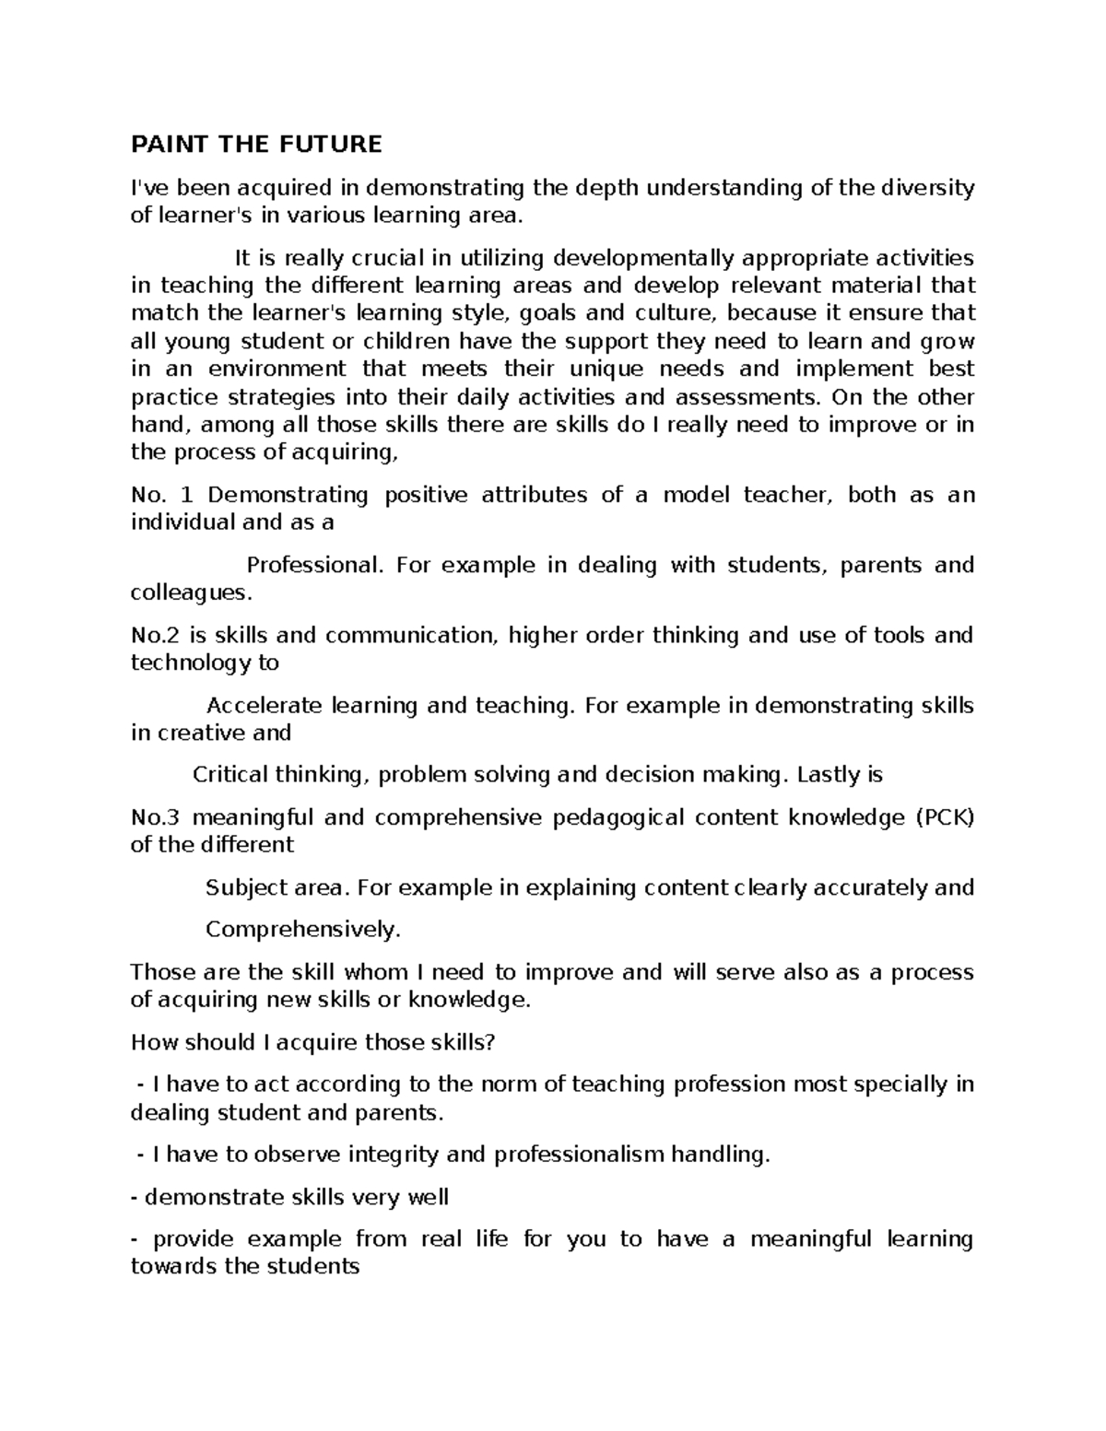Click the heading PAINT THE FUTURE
(x=256, y=145)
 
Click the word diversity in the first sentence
(x=928, y=189)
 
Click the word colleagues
(x=190, y=592)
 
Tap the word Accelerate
(x=265, y=705)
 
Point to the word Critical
(x=229, y=775)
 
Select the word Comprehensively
(x=303, y=930)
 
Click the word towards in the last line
(x=173, y=1267)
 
